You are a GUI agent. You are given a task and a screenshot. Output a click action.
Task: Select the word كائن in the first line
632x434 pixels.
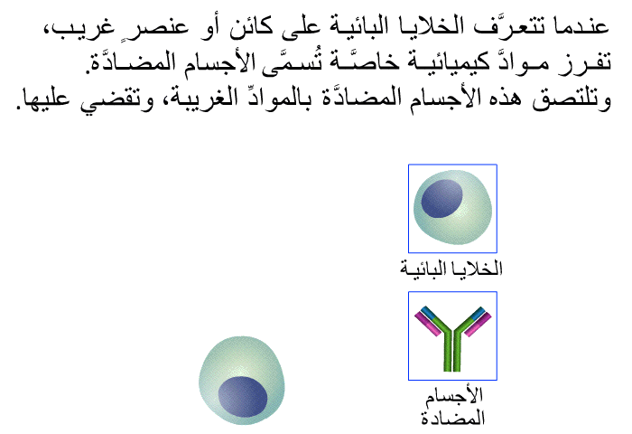(x=250, y=27)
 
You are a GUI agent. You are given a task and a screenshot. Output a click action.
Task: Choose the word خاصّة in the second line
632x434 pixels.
(x=359, y=62)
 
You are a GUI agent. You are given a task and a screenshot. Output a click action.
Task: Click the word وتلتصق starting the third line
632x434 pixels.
(x=572, y=99)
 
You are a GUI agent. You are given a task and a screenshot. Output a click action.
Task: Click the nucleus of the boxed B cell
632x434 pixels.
(x=441, y=199)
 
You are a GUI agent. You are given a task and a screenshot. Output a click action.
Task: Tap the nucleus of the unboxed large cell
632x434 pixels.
(x=243, y=396)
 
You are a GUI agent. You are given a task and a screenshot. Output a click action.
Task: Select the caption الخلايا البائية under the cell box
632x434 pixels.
(x=451, y=268)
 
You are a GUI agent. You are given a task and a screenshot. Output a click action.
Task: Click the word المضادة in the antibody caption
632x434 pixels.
(x=452, y=418)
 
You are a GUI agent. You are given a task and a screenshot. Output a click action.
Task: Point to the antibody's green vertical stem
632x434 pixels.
(x=452, y=351)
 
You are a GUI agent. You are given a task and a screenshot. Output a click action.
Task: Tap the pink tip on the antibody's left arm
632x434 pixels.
(x=427, y=325)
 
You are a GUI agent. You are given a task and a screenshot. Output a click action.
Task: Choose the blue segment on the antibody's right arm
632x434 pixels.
(x=478, y=313)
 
